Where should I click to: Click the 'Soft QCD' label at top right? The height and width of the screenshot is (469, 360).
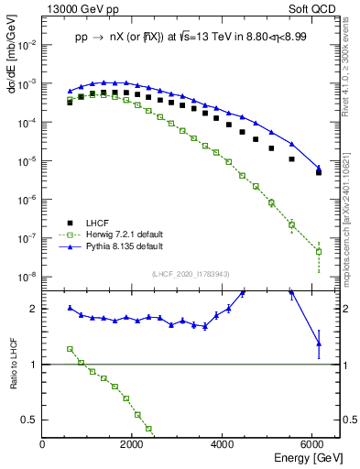[x=313, y=11]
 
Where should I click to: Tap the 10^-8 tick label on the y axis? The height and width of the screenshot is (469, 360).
[x=27, y=277]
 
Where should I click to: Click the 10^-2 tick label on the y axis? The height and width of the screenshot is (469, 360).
[x=27, y=44]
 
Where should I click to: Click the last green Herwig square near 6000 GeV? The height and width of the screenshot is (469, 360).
[x=319, y=251]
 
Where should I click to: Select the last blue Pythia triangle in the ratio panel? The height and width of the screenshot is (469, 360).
[x=319, y=344]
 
